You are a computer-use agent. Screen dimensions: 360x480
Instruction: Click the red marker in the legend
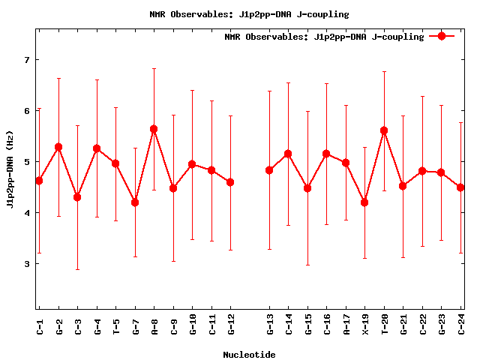442,35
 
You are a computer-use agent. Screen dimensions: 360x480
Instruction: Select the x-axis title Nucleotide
249,355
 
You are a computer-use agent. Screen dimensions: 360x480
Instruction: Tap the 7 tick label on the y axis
26,60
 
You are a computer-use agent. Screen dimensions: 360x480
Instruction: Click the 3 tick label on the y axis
26,264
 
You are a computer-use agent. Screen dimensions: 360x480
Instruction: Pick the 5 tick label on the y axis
26,162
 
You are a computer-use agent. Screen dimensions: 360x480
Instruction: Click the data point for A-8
154,129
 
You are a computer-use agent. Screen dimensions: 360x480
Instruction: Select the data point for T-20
384,130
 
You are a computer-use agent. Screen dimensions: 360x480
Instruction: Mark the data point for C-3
77,197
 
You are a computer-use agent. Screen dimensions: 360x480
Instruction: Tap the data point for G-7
135,202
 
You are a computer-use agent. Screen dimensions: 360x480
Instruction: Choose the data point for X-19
364,202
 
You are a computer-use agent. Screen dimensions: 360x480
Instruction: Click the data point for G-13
269,170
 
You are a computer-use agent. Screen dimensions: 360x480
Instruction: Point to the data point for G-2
58,147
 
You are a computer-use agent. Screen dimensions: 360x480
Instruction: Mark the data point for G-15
307,188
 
